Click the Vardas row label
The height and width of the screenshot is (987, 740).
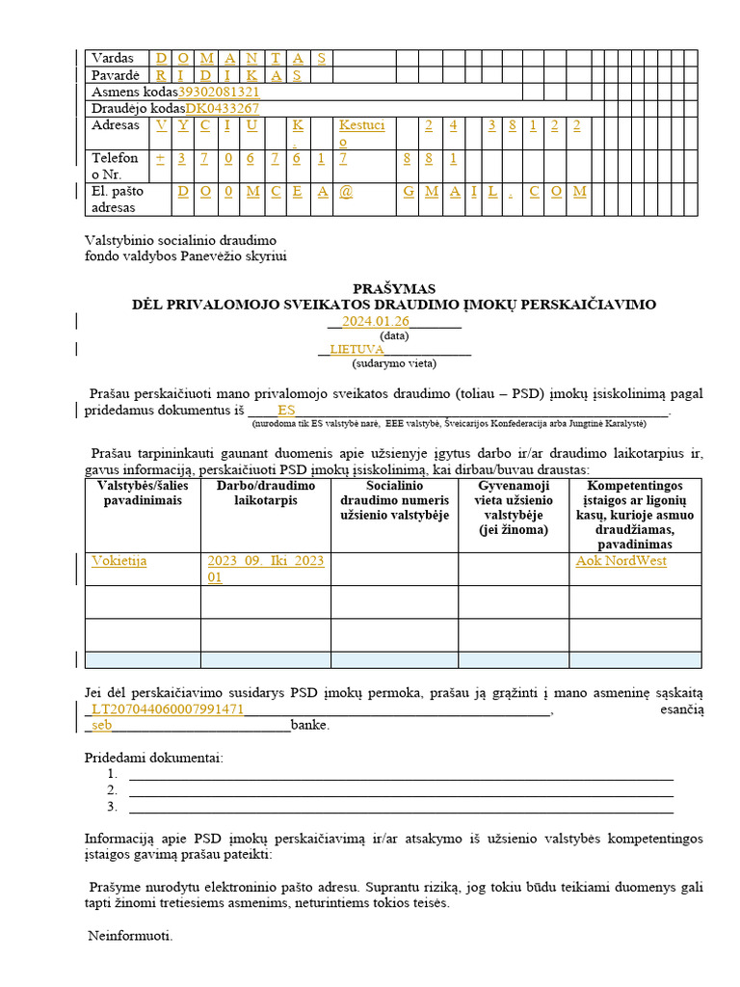click(x=113, y=58)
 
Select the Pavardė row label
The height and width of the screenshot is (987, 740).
click(x=116, y=75)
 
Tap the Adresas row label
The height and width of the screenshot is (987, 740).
click(x=116, y=125)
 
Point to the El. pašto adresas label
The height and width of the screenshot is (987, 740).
click(x=114, y=199)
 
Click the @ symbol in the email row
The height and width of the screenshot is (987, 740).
click(x=346, y=192)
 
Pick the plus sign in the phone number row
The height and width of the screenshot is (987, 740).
click(x=160, y=158)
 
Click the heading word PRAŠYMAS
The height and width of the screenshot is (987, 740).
click(x=393, y=288)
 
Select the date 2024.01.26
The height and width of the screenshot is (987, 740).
click(x=376, y=322)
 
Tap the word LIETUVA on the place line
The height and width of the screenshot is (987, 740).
click(x=357, y=350)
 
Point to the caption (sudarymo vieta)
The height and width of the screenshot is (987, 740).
click(x=394, y=363)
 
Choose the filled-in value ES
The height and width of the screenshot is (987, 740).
click(x=286, y=410)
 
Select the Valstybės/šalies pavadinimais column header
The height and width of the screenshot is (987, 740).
click(x=143, y=493)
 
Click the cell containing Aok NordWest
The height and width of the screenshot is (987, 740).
click(x=621, y=561)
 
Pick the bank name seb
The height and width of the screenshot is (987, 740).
click(x=102, y=726)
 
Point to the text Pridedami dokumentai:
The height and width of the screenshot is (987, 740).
click(x=154, y=758)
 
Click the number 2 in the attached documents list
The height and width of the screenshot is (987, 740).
click(x=113, y=790)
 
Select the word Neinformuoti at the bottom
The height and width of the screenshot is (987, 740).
click(x=131, y=936)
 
